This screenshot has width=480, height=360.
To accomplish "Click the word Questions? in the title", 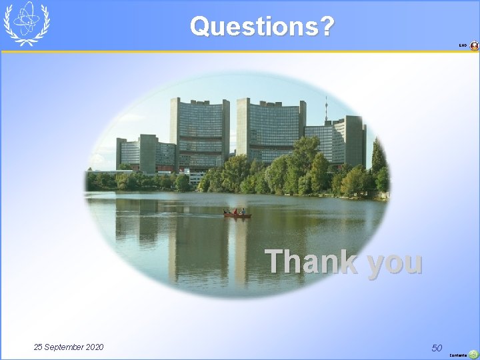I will (262, 26).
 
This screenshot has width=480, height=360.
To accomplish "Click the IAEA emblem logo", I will (26, 23).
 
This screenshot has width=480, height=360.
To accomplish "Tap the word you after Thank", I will (394, 262).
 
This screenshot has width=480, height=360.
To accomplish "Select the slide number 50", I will (437, 347).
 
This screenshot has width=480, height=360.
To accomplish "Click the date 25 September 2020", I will (69, 347).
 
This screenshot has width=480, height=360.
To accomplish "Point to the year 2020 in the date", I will (94, 347).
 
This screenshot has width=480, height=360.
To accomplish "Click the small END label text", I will (462, 45).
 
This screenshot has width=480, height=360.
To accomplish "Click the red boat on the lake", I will (237, 214).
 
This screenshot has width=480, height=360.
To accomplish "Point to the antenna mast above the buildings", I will (325, 110).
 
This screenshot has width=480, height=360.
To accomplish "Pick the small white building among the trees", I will (195, 177).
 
